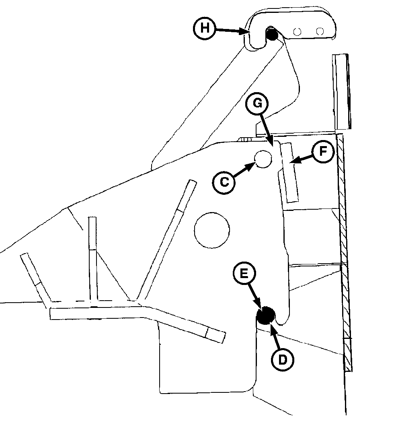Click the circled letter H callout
205,28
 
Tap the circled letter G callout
257,104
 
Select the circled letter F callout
323,151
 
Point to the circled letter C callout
224,182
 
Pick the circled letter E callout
244,273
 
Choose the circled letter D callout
283,360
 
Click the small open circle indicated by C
263,159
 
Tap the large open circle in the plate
212,230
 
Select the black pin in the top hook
271,35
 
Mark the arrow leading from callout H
232,31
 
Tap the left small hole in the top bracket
297,32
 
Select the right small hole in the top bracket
320,31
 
